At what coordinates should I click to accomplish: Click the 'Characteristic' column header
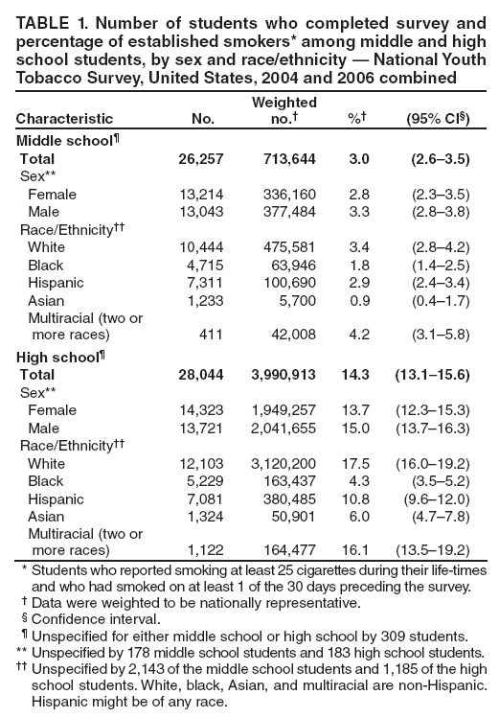[63, 119]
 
